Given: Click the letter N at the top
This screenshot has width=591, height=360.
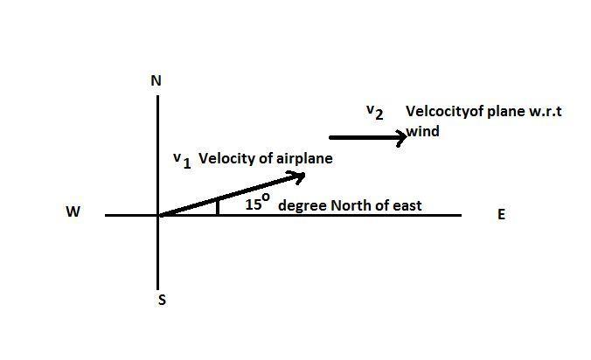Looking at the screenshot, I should (156, 80).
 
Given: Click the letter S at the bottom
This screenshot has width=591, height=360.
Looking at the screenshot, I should (162, 300).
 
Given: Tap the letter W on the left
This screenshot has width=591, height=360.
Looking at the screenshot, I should (73, 212).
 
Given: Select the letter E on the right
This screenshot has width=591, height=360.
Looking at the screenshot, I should (501, 214).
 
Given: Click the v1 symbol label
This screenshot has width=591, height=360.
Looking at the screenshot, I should (181, 160).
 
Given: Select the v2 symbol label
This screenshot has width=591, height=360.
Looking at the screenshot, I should (374, 112).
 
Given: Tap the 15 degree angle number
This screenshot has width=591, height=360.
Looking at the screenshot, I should (254, 205).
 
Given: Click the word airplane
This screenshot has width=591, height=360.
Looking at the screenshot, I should (304, 159).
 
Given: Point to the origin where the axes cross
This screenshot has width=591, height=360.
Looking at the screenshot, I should (158, 214).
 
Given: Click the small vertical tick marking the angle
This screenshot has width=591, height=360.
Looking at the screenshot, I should (217, 205).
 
